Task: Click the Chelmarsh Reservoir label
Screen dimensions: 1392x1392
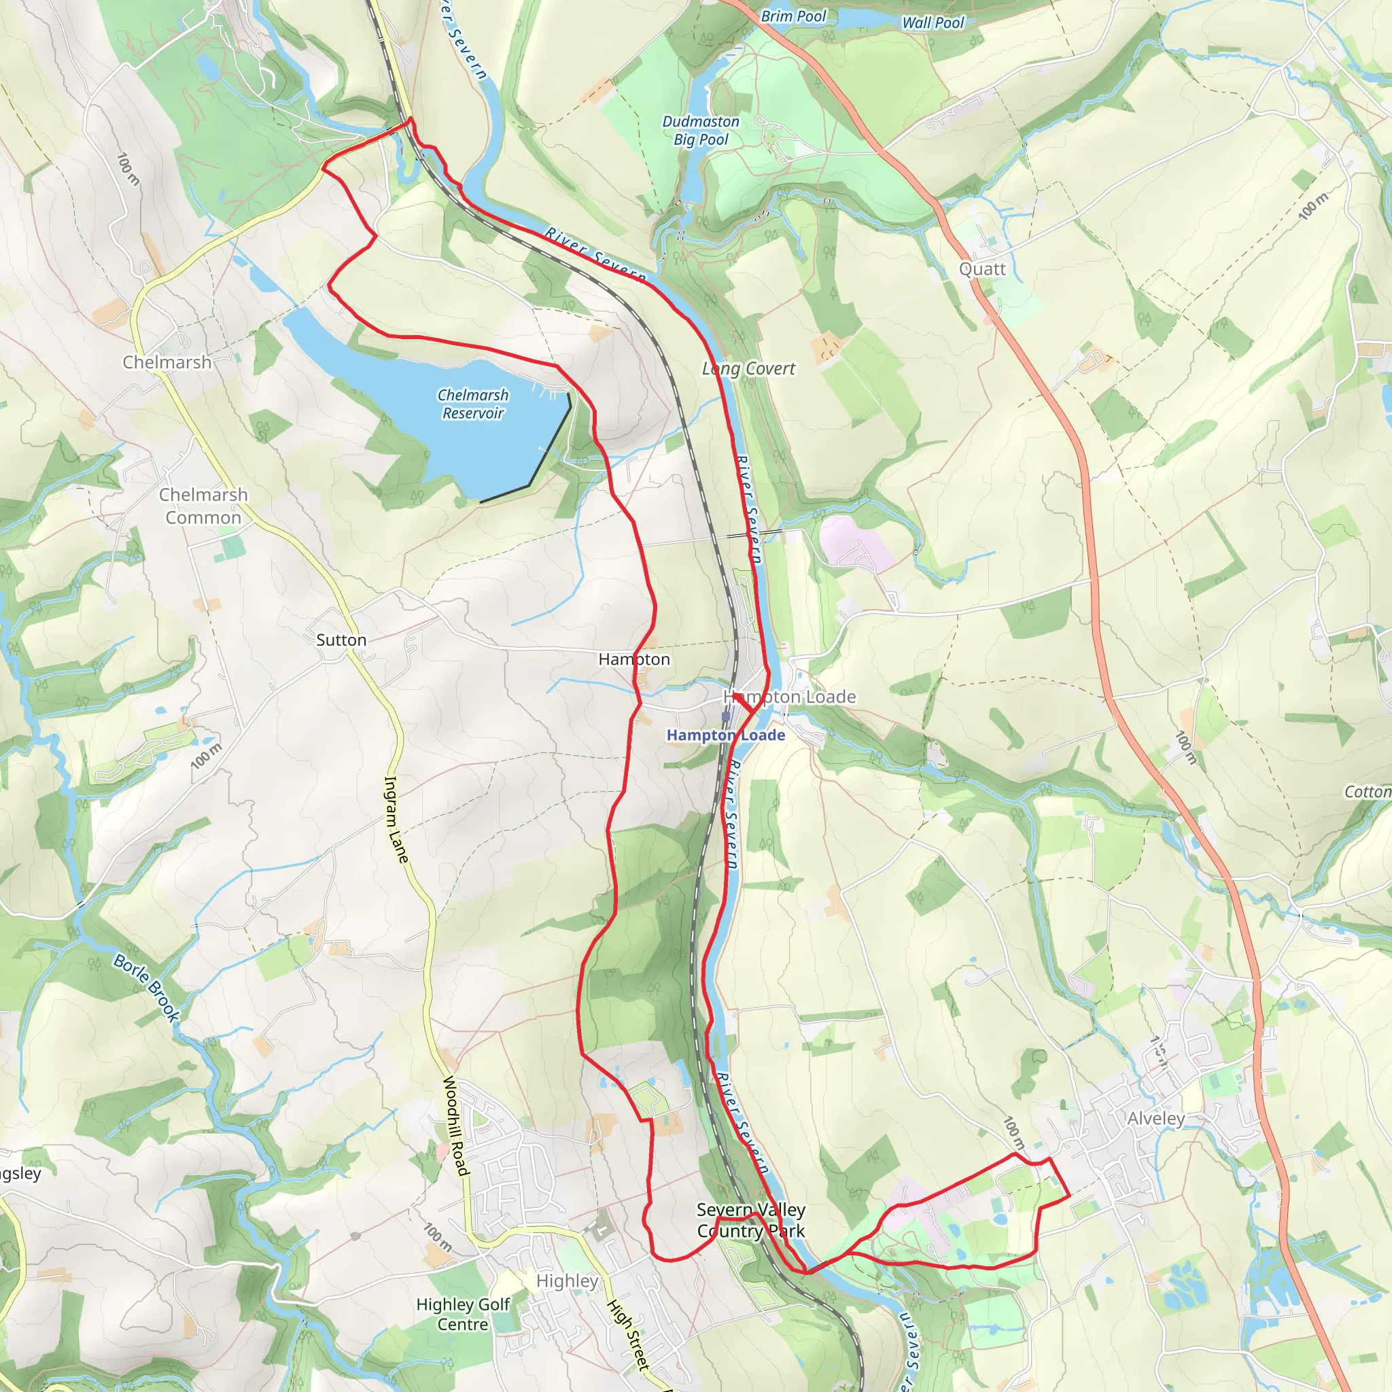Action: tap(472, 404)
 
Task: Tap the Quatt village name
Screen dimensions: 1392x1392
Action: tap(981, 268)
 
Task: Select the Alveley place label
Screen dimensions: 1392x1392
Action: tap(1155, 1118)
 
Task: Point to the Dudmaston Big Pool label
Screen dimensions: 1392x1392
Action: tap(700, 130)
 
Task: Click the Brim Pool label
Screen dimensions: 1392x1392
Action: tap(793, 16)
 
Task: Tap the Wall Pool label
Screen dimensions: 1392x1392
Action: tap(933, 22)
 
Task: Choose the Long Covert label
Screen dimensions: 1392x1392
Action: tap(748, 368)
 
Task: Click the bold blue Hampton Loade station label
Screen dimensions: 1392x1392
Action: tap(725, 735)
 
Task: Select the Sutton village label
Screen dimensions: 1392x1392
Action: tap(341, 640)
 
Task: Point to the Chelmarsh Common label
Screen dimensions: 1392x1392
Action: tap(203, 506)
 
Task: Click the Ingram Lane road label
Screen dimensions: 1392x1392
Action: tap(396, 818)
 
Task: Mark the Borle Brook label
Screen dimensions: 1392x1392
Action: tap(147, 988)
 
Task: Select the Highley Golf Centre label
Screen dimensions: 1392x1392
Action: tap(463, 1315)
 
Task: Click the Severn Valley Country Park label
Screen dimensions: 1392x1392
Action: tap(751, 1220)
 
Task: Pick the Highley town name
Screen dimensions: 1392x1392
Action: tap(567, 1281)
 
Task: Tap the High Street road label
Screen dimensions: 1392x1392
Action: tap(628, 1334)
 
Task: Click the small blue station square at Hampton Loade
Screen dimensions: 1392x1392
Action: tap(725, 717)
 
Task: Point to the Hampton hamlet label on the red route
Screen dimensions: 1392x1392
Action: tap(634, 659)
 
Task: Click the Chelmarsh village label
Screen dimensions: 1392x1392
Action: tap(167, 362)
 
